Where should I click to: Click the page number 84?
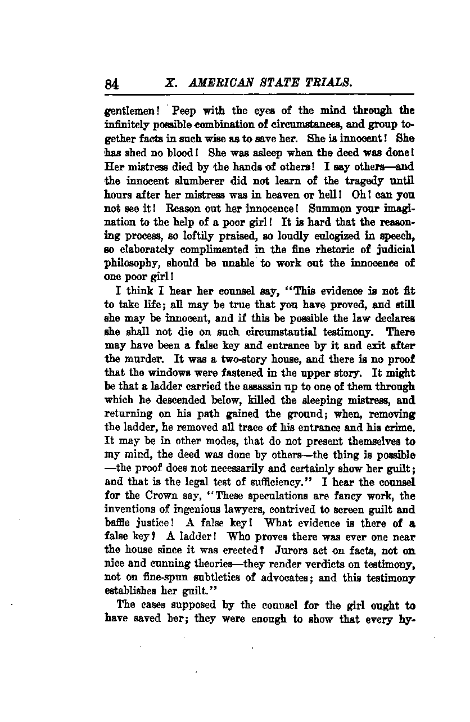(x=111, y=84)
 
